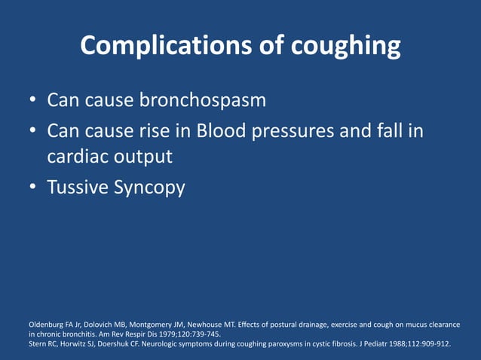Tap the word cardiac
tap(78, 157)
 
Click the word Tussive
tap(77, 188)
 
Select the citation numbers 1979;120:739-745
tap(188, 334)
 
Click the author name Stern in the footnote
tap(38, 343)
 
